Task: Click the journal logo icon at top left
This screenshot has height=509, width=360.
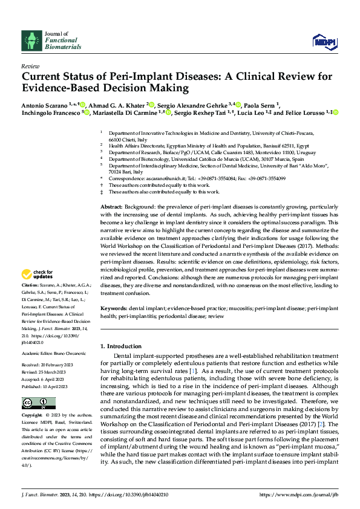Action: click(x=31, y=41)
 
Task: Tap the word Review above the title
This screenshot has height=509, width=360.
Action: click(x=30, y=66)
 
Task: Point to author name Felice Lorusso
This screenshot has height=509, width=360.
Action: click(x=308, y=112)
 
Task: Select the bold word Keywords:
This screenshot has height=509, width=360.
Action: click(x=115, y=308)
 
